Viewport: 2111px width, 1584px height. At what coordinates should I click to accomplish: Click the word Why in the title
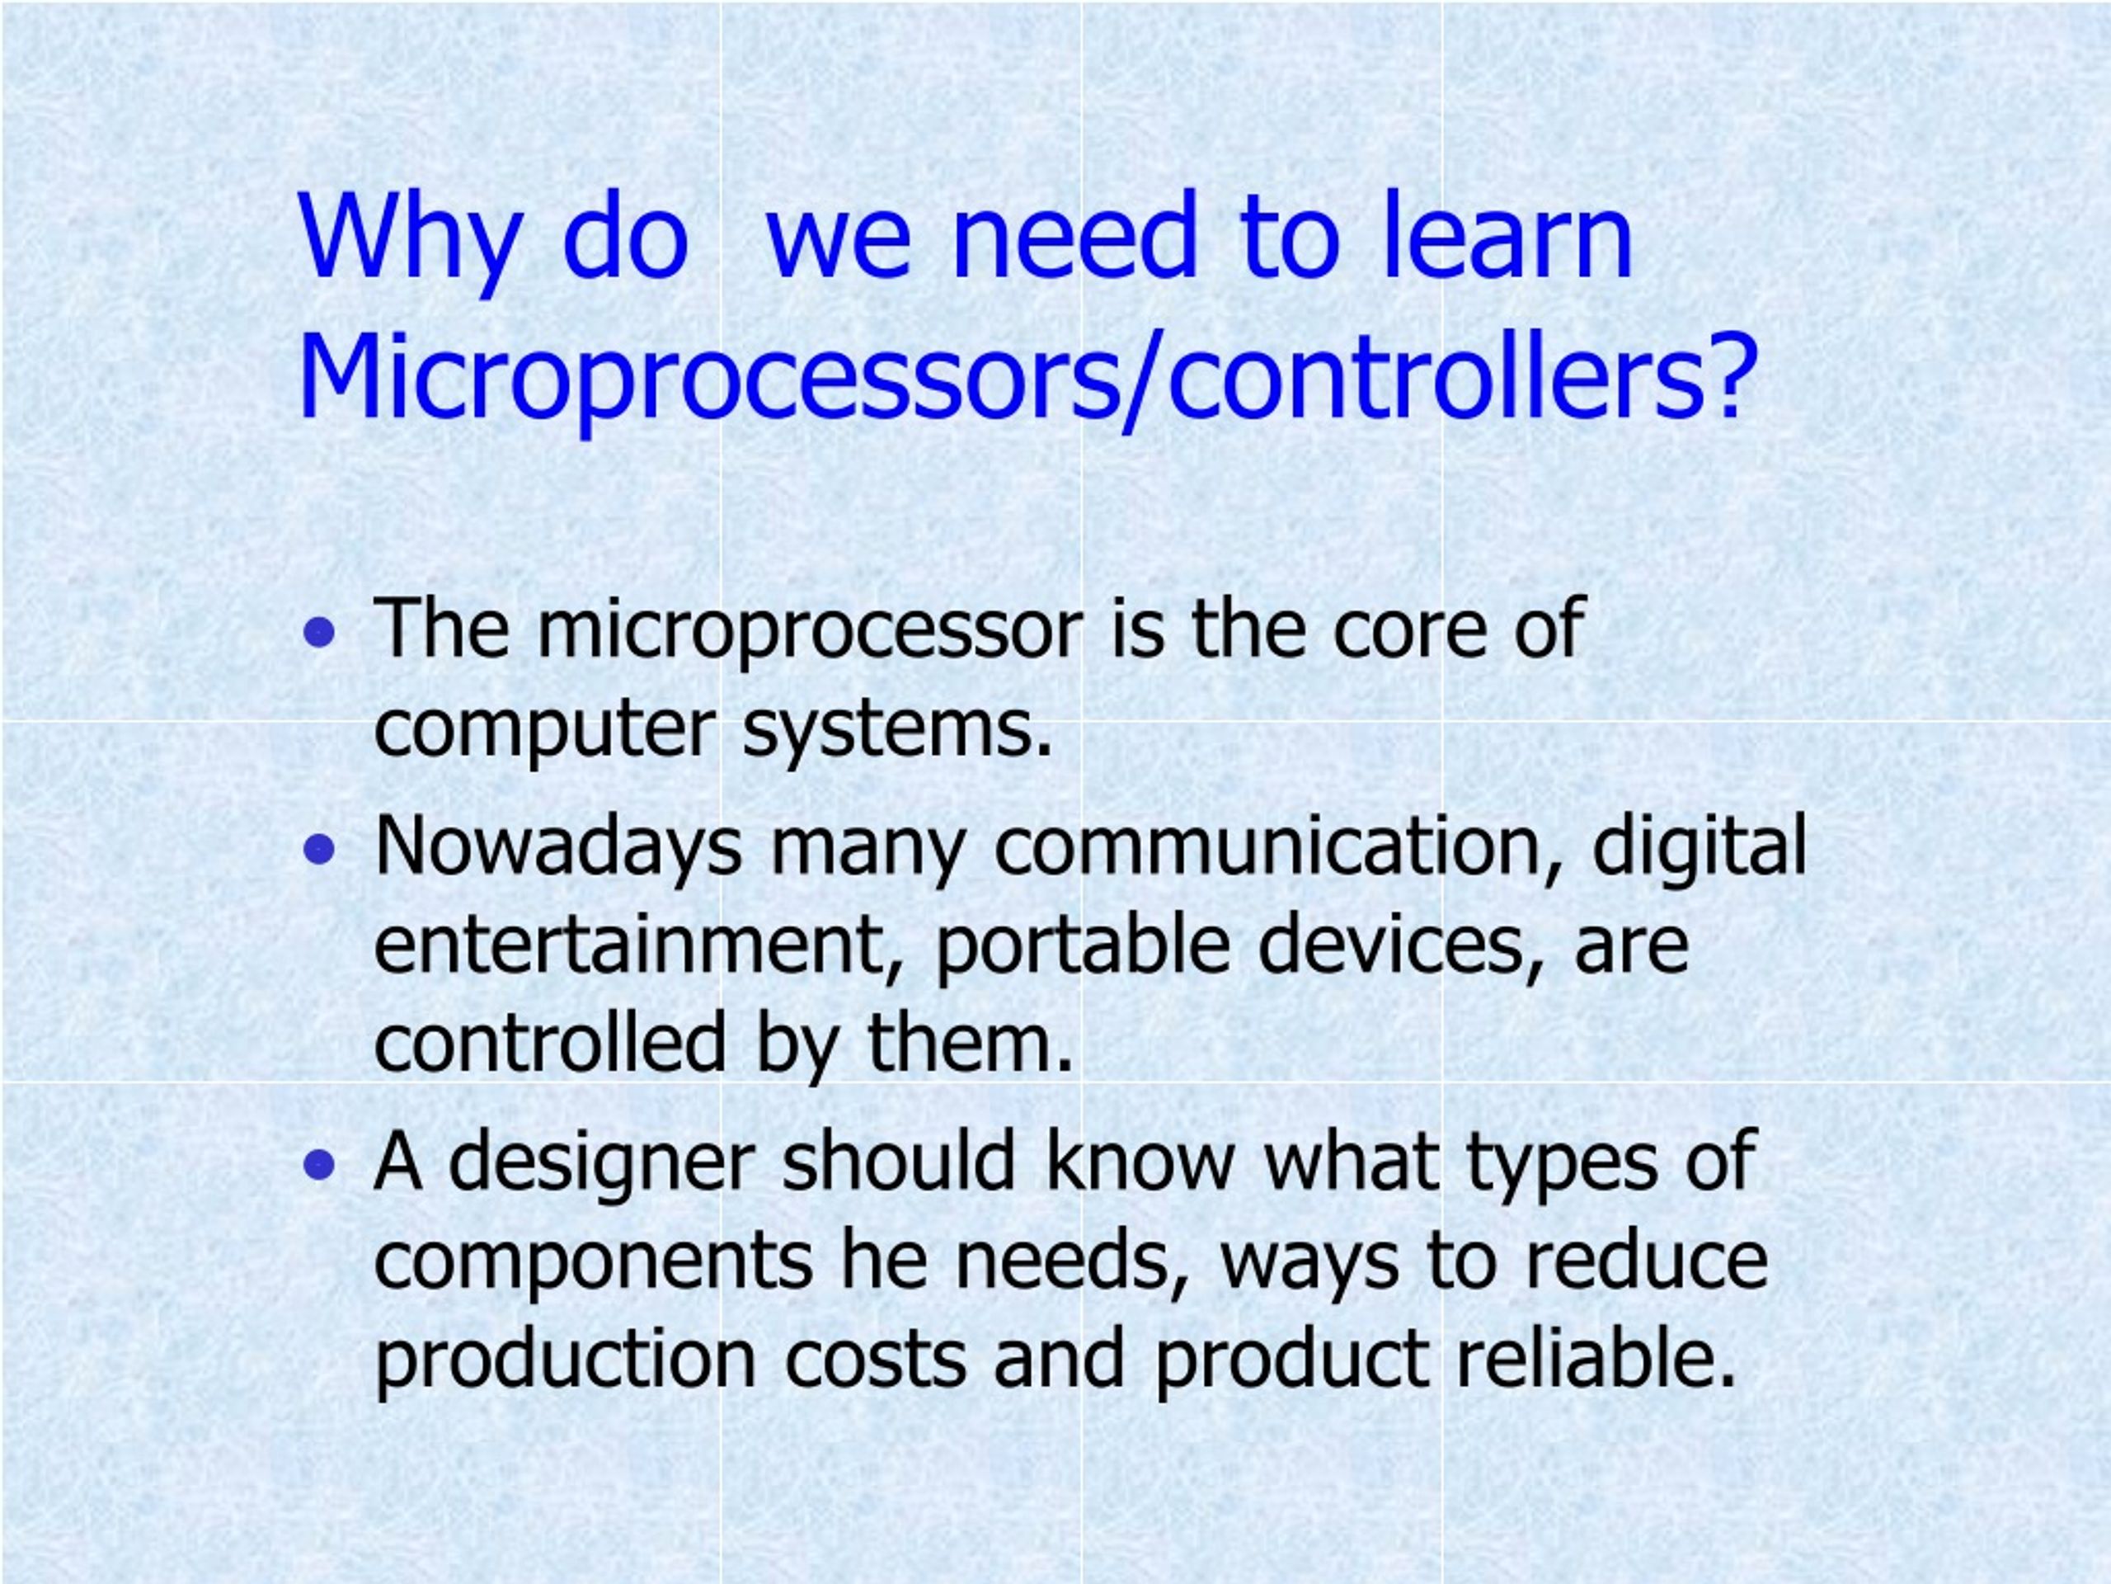(411, 238)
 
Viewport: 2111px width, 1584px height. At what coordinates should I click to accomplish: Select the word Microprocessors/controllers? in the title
(1027, 379)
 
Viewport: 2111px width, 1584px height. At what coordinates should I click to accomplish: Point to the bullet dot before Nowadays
(320, 849)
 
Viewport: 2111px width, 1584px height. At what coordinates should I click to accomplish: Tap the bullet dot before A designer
(320, 1164)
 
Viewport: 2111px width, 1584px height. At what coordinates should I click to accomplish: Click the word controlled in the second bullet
(550, 1043)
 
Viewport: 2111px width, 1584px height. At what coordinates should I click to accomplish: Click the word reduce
(1646, 1261)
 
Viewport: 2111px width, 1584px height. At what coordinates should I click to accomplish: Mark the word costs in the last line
(874, 1360)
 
